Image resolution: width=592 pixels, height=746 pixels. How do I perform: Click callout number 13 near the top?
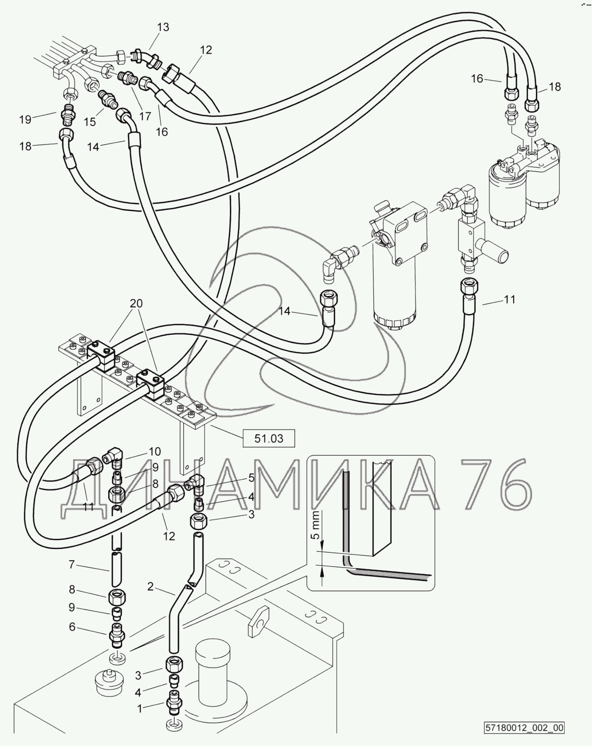163,27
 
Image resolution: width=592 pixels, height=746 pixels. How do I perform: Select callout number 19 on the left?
25,119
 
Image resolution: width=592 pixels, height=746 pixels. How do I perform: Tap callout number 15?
90,122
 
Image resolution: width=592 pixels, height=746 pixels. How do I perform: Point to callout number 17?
145,116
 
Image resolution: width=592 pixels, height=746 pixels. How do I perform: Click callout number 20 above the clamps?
136,303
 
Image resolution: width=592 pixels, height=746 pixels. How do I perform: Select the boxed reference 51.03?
269,439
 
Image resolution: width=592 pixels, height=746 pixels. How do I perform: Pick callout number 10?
155,451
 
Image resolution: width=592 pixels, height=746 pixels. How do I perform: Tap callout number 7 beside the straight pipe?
71,565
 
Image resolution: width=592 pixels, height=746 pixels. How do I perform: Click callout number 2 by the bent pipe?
150,586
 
